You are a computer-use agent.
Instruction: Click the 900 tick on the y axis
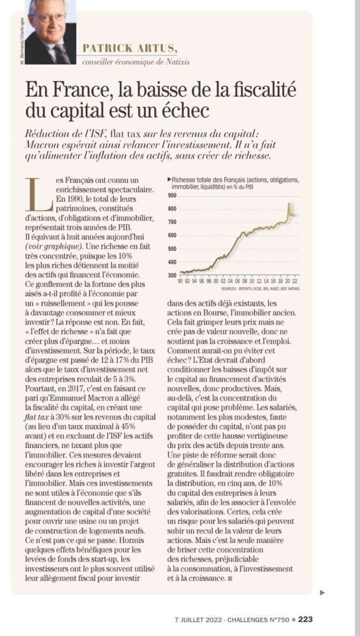coord(172,195)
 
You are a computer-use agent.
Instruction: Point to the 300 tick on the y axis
coord(172,275)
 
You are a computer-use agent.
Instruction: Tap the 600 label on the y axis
coord(172,235)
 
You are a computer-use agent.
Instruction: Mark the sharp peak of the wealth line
coord(288,204)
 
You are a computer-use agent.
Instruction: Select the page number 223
coord(305,619)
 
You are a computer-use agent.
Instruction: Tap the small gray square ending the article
coord(229,578)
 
